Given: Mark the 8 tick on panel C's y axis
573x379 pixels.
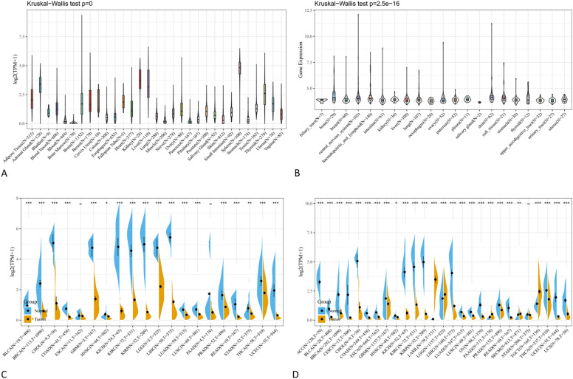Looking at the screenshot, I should [17, 203].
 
